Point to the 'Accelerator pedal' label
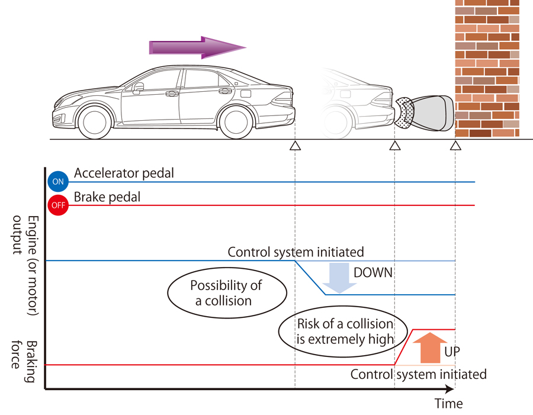coord(124,173)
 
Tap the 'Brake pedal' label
coord(107,197)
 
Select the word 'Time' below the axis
coord(448,404)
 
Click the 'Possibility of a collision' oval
coord(226,292)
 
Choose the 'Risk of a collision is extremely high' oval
coord(337,332)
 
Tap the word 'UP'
coord(452,351)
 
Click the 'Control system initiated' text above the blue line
coord(296,252)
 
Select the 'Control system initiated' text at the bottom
coord(418,374)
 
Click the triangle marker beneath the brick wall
coord(455,145)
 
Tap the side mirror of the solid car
coord(139,88)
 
